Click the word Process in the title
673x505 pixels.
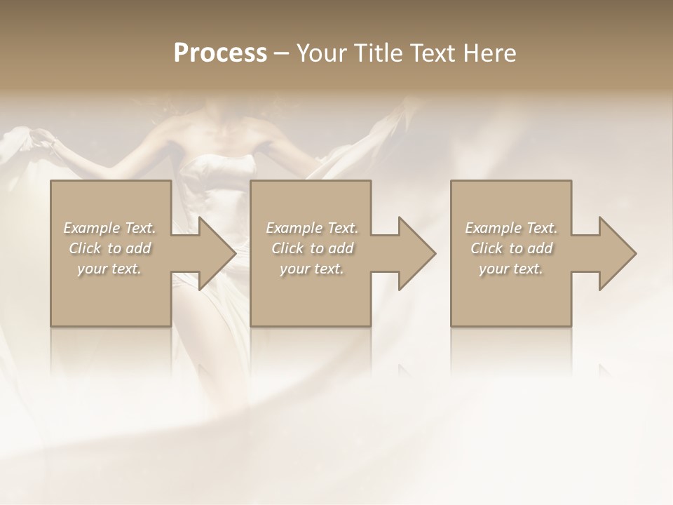(x=220, y=53)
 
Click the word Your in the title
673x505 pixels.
(x=322, y=53)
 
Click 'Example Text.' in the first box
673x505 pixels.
(x=110, y=228)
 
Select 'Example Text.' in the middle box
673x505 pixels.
(x=312, y=228)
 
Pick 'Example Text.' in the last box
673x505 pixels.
(x=511, y=228)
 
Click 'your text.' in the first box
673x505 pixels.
(x=110, y=269)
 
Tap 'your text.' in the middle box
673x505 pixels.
(x=312, y=269)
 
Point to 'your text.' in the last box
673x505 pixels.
(x=511, y=269)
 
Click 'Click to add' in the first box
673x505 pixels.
(x=110, y=248)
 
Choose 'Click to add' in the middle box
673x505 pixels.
(x=312, y=248)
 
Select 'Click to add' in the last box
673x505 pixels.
(x=511, y=248)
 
